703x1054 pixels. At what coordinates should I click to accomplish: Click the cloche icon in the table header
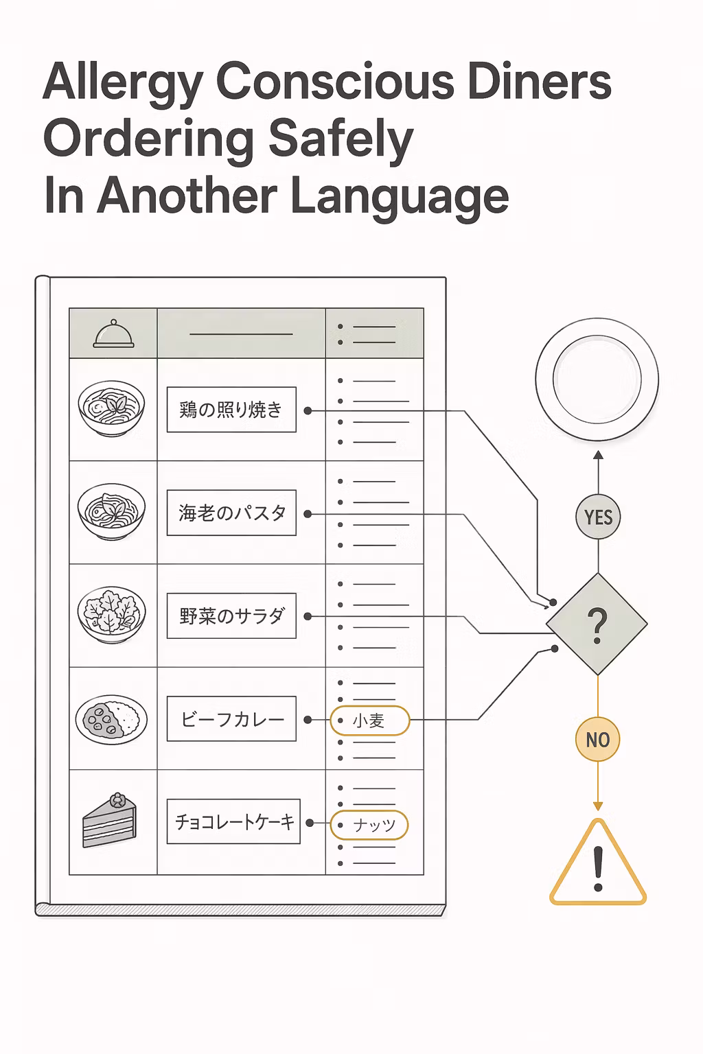(113, 333)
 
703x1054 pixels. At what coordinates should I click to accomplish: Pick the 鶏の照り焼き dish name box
(231, 410)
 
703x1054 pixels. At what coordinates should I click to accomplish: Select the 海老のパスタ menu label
(231, 513)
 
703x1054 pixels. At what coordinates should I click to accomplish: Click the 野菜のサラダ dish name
(231, 616)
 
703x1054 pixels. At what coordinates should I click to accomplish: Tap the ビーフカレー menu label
(231, 719)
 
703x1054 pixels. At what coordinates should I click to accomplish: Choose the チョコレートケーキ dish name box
(233, 821)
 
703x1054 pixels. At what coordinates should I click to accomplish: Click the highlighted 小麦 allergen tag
(369, 721)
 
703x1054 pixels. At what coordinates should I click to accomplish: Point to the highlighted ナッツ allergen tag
(369, 825)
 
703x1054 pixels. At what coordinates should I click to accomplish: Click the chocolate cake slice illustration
(110, 821)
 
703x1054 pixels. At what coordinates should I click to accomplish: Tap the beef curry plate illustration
(112, 719)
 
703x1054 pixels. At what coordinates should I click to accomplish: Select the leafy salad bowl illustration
(112, 615)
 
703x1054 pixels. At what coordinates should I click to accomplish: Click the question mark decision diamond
(597, 624)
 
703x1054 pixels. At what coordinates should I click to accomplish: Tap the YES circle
(598, 517)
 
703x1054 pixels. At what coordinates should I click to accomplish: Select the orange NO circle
(597, 739)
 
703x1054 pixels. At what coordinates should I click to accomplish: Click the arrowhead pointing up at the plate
(598, 454)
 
